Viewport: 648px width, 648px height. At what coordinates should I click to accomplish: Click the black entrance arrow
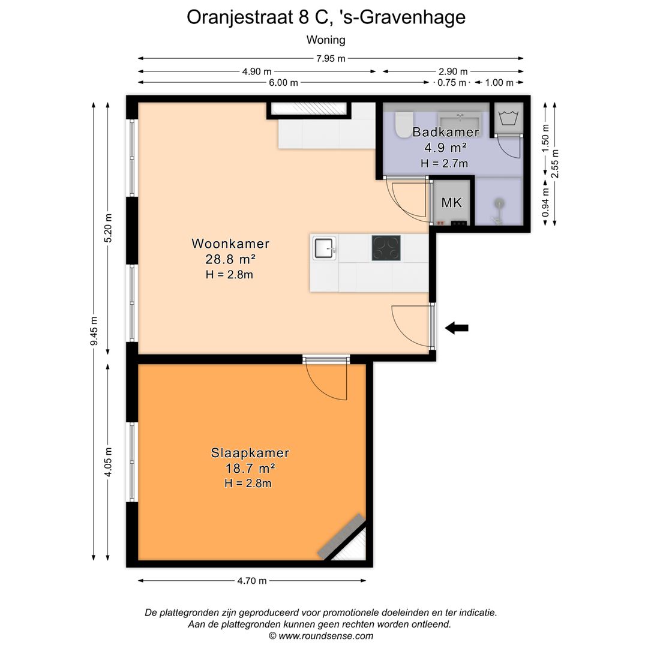point(457,328)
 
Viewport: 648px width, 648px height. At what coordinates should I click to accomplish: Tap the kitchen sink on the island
point(324,247)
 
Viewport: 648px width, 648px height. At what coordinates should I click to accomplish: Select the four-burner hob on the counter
point(386,247)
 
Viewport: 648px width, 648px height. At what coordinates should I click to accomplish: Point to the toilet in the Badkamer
point(402,123)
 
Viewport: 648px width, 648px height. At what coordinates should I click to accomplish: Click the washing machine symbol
point(508,118)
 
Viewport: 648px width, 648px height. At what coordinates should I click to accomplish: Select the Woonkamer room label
point(230,244)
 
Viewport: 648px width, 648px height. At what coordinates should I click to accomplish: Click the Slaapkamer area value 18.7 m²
point(250,469)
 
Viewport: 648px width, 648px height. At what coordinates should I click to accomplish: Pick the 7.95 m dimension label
point(331,58)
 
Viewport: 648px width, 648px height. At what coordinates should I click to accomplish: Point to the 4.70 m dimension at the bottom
point(252,580)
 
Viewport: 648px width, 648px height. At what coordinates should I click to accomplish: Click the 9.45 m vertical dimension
point(94,332)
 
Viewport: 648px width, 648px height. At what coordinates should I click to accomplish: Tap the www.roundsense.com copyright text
point(320,636)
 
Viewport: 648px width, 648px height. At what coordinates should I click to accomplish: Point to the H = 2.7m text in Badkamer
point(444,163)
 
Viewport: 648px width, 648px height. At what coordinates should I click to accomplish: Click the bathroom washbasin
point(460,118)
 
